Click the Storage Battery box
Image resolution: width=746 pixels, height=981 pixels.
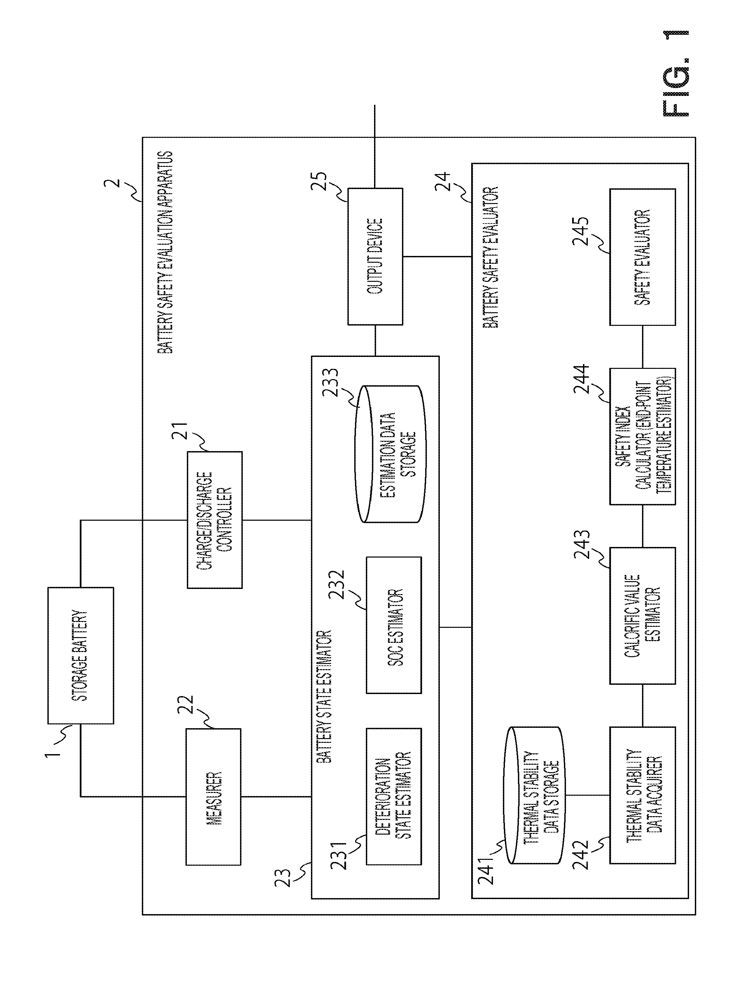(x=80, y=655)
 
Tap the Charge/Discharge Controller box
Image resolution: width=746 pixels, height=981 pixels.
(x=215, y=520)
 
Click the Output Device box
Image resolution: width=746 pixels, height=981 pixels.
(x=375, y=256)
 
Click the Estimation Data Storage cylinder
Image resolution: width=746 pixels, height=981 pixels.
(x=390, y=453)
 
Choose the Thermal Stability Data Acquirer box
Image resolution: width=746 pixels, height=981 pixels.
(x=643, y=795)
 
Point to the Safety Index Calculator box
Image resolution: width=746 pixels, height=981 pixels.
(x=643, y=436)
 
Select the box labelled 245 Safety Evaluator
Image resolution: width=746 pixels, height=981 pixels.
(x=643, y=257)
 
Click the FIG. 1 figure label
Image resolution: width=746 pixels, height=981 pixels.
(x=675, y=73)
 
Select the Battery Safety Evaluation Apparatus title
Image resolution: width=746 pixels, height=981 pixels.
(x=165, y=253)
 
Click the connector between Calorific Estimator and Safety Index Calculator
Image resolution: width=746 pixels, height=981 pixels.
(x=643, y=526)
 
